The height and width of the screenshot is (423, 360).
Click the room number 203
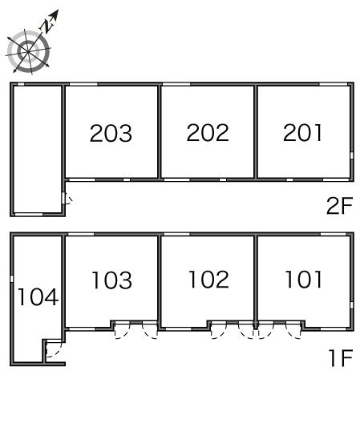[111, 133]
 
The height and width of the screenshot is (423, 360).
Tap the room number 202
[208, 132]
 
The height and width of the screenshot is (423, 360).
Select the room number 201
[302, 132]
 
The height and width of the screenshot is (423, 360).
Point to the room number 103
[111, 280]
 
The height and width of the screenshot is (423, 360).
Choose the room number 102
[208, 280]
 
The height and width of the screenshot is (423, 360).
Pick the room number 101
[304, 280]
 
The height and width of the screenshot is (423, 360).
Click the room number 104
[38, 296]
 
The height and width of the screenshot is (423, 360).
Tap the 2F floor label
[340, 206]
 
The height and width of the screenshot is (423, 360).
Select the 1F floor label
[341, 358]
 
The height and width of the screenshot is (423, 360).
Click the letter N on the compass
[47, 26]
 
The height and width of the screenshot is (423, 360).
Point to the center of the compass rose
[28, 51]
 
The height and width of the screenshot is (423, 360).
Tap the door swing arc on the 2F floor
[71, 199]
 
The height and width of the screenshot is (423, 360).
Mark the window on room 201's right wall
[352, 155]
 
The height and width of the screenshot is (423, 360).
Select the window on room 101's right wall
[352, 305]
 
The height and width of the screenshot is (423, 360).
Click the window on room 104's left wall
[11, 279]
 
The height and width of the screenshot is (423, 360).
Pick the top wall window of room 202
[176, 84]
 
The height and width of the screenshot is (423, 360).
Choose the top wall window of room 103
[80, 234]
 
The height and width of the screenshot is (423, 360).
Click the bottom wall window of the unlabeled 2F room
[29, 215]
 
